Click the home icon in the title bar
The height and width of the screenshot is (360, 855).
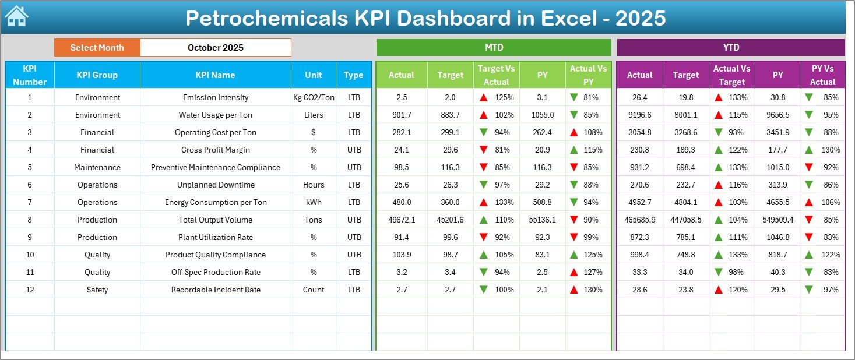tap(16, 16)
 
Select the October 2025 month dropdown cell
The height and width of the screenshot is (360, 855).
tap(216, 48)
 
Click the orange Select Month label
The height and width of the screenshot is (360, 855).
tap(97, 48)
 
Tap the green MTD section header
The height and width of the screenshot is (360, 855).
tap(494, 48)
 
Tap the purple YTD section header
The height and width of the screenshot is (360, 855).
tap(731, 48)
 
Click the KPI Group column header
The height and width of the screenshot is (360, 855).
tap(97, 75)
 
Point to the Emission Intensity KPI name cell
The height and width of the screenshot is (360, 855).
tap(216, 97)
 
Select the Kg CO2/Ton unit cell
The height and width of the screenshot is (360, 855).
tap(314, 97)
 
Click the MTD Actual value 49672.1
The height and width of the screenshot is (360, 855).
tap(402, 220)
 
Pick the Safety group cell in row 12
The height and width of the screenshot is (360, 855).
tap(97, 290)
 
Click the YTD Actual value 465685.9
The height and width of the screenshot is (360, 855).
tap(639, 220)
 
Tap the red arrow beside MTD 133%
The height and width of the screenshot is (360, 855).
tap(483, 202)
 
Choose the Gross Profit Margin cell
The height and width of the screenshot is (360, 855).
tap(216, 150)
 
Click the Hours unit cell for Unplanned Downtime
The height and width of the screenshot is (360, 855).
tap(314, 185)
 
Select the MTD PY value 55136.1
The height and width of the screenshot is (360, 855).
tap(542, 220)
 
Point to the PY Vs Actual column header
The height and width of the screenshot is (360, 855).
tap(822, 75)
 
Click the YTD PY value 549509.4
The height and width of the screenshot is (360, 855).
tap(777, 220)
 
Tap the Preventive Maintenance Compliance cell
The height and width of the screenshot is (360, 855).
tap(216, 167)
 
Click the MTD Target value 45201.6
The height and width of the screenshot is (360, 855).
tap(450, 220)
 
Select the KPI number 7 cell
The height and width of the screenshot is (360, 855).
tap(30, 202)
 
